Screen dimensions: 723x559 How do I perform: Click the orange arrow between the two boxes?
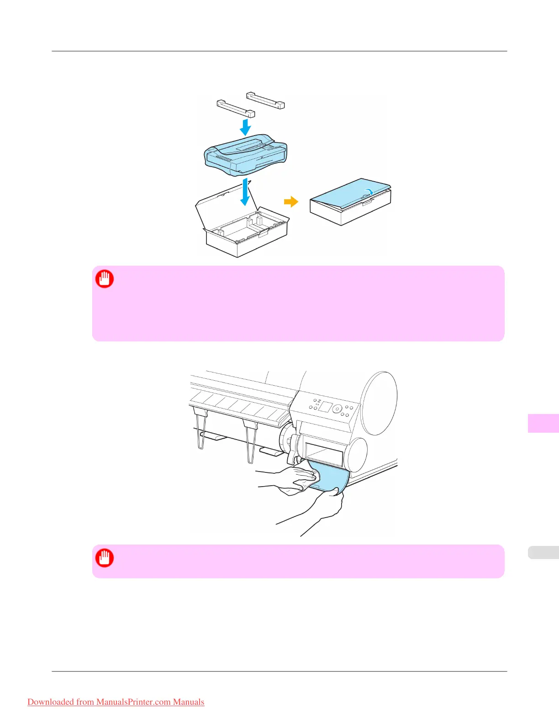coord(291,201)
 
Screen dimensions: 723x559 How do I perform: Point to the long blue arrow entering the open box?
coord(246,192)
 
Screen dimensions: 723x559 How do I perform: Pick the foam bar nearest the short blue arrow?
coord(235,109)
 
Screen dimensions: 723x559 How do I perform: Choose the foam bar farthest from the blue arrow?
coord(265,100)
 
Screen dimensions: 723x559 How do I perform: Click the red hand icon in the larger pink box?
coord(105,279)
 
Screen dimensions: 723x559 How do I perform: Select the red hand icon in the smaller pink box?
coord(105,558)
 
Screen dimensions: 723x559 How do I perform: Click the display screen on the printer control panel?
coord(325,406)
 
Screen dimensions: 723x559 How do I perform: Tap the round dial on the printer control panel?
coord(337,409)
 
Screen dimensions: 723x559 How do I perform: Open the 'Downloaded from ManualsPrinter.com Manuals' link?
coord(116,702)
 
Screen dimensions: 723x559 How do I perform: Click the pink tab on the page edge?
coord(543,423)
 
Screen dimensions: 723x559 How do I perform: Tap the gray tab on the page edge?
coord(543,552)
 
